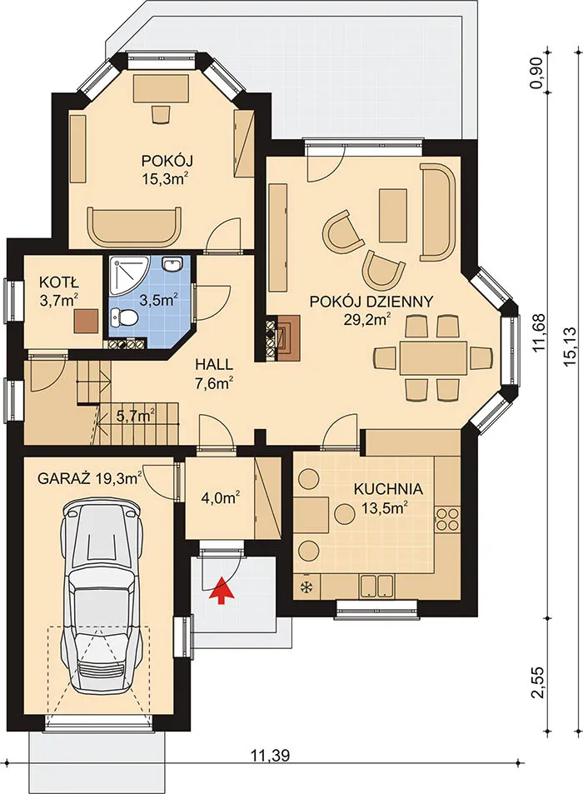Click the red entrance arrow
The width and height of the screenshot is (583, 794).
coord(221,590)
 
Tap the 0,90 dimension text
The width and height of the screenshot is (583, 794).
coord(537,73)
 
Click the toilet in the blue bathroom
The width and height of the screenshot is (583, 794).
coord(123,318)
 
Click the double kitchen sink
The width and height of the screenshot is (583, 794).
coord(377,586)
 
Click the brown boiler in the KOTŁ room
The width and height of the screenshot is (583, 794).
coord(86,321)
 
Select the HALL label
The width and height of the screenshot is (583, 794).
coord(214,364)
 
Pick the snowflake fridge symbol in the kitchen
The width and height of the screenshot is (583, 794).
coord(306,587)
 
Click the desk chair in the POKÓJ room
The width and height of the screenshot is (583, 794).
coord(161,114)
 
